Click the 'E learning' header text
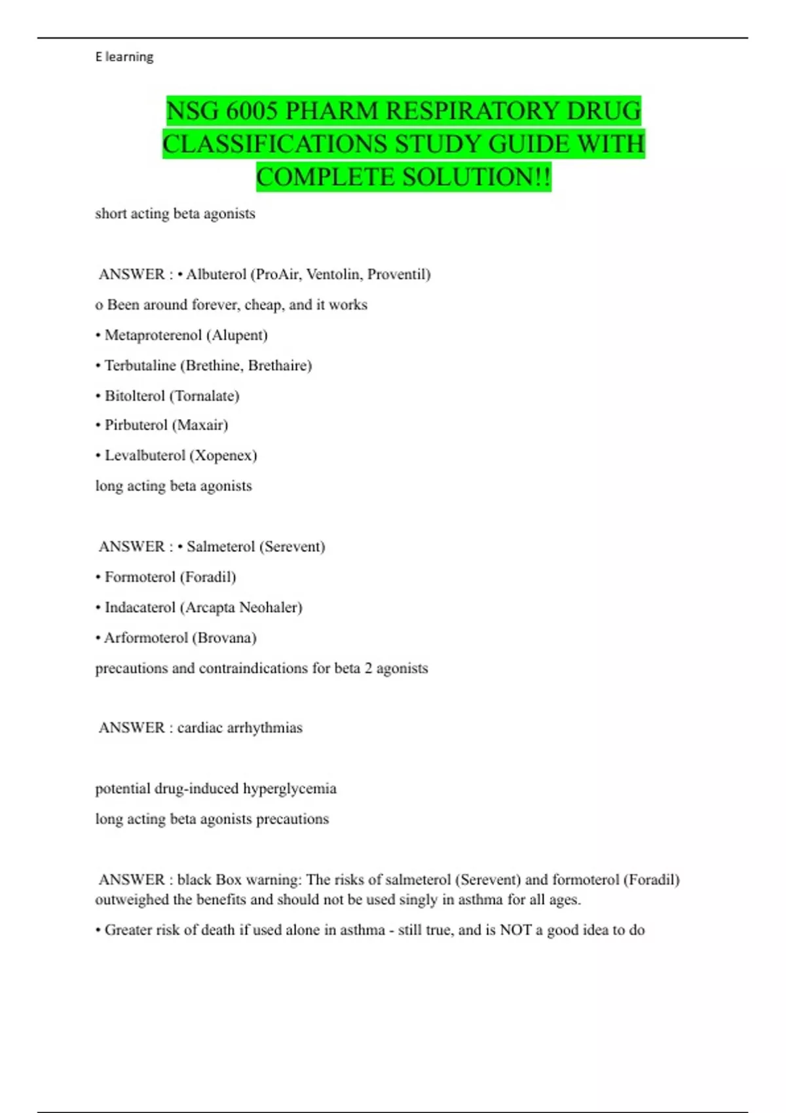[x=124, y=57]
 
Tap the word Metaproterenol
[x=153, y=335]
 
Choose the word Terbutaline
[x=140, y=365]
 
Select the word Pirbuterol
[x=135, y=425]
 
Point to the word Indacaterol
[x=140, y=608]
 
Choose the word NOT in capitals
[x=515, y=930]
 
